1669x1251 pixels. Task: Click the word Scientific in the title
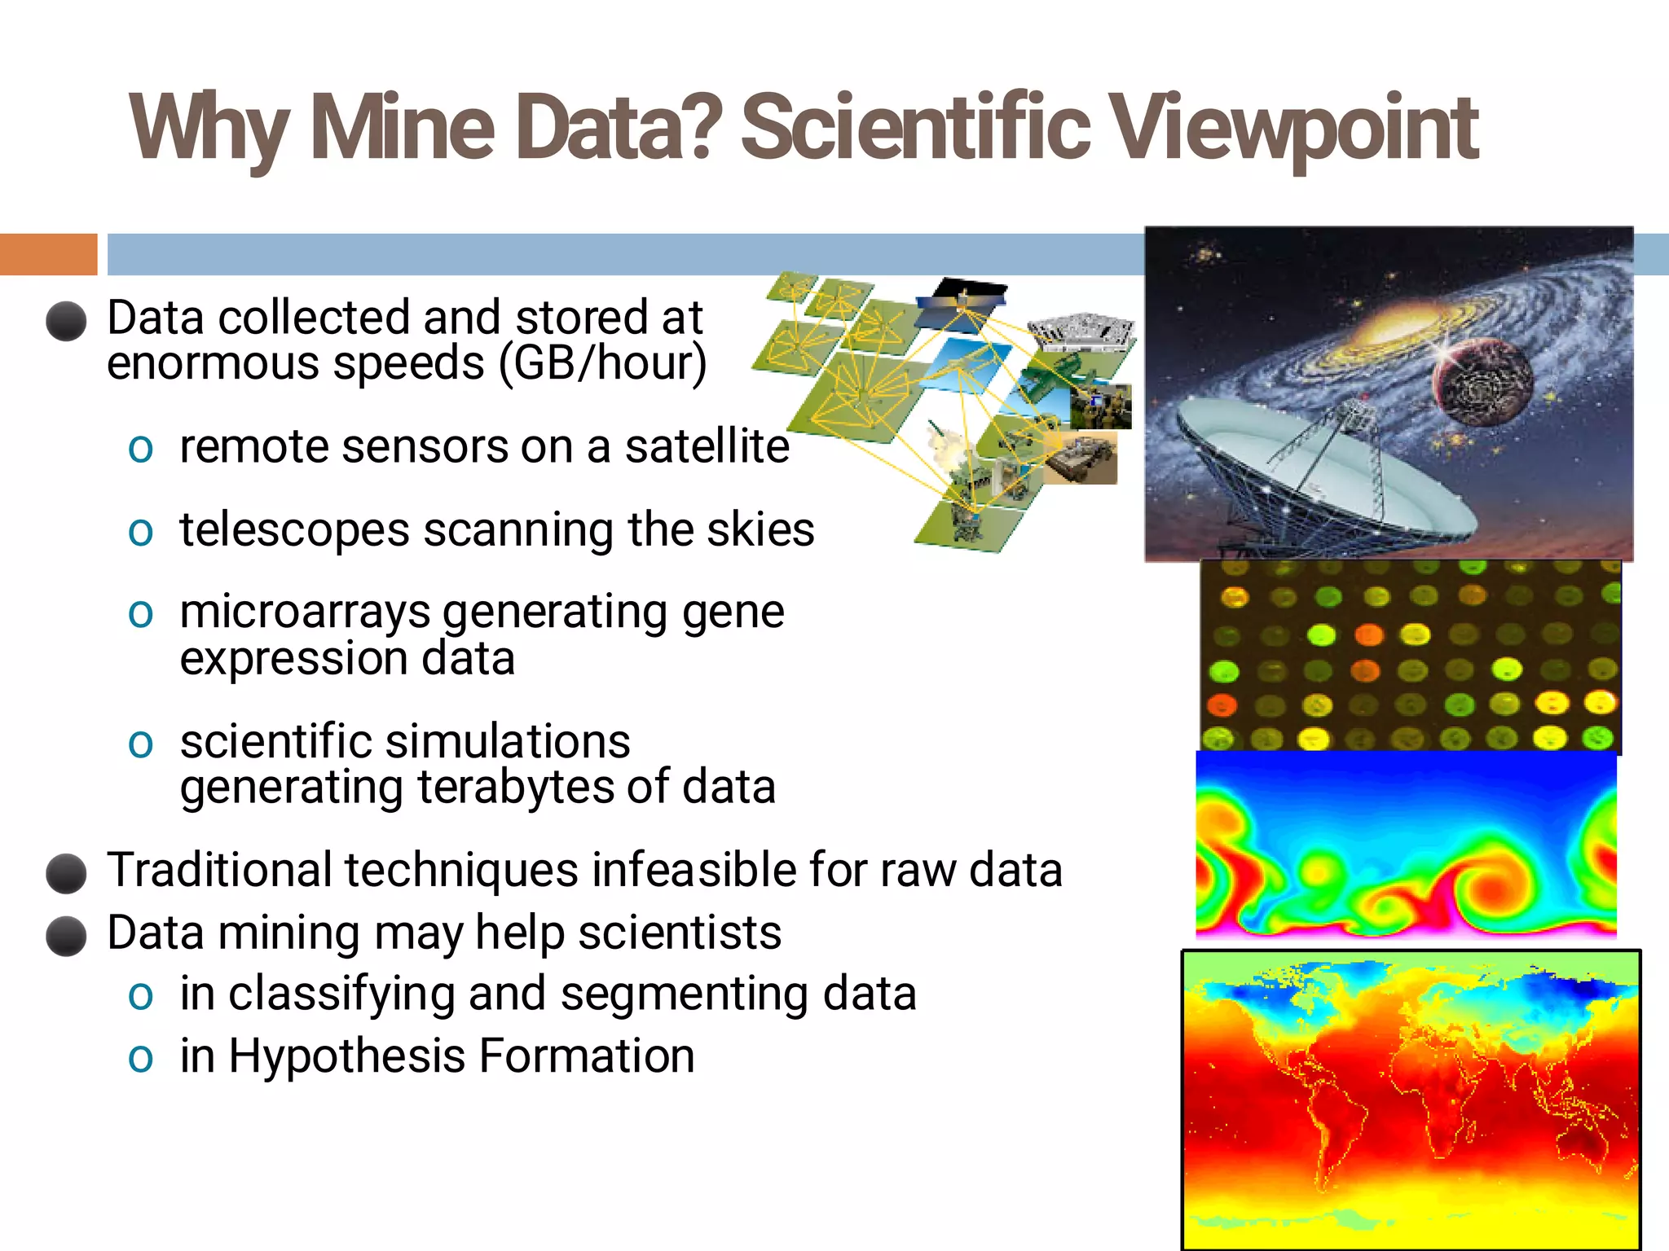(914, 128)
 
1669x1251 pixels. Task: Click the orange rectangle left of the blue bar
(48, 254)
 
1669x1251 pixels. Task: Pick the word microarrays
(304, 612)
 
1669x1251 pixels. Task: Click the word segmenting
(684, 994)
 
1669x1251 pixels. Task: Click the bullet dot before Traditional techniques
(66, 873)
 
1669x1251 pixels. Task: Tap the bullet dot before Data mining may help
(66, 935)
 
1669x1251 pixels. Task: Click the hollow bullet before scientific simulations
(140, 743)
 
